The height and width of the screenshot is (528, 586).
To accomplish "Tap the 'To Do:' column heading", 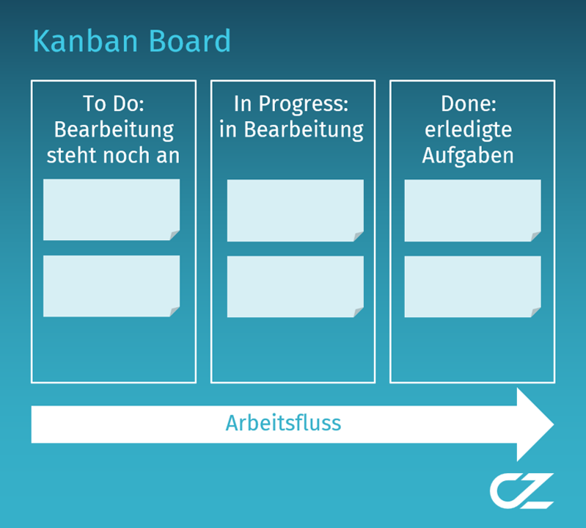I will click(113, 104).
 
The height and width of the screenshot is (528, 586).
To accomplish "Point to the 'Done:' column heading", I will click(468, 104).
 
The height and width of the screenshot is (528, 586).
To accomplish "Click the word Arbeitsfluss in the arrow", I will click(283, 424).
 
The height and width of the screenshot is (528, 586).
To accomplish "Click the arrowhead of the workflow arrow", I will click(535, 424).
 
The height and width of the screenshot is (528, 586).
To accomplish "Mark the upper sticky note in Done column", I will click(472, 210).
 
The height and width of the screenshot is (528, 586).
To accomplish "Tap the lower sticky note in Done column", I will click(472, 286).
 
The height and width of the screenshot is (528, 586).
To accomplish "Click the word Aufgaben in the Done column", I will click(468, 156).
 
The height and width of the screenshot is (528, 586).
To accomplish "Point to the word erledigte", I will click(468, 130).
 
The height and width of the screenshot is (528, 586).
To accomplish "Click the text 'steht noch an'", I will click(113, 156).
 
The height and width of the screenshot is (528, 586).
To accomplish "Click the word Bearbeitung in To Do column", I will click(114, 130).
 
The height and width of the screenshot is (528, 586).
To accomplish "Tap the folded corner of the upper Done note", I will click(536, 236).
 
